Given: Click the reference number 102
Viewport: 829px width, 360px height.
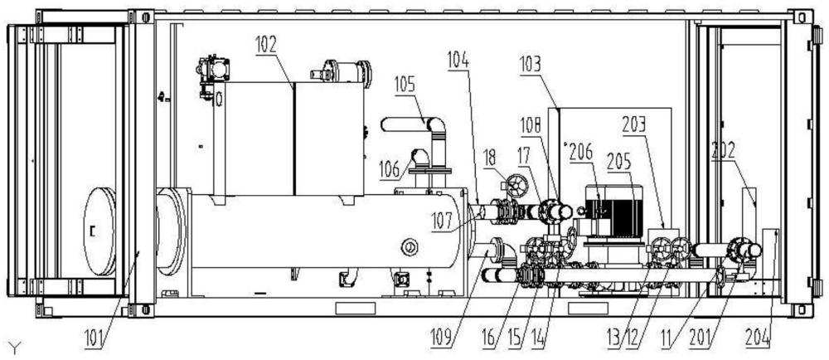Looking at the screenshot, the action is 266,45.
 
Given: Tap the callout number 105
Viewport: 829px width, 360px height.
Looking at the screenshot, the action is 405,85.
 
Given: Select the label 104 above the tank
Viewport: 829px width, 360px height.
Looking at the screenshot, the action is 458,58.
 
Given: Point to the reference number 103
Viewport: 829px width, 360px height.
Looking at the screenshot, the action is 531,66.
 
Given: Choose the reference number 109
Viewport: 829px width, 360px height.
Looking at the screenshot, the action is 440,338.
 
